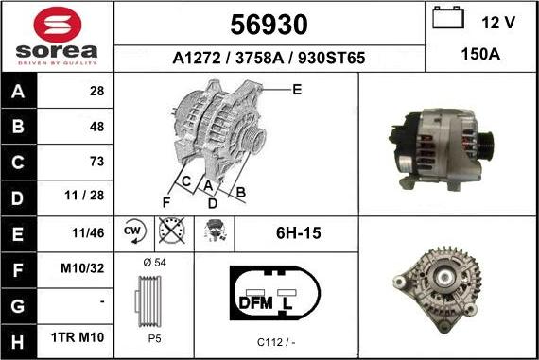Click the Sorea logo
pos(57,36)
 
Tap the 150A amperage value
pos(481,56)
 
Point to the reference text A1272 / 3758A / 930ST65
pos(269,58)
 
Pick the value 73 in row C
pos(96,161)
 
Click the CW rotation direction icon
pos(132,231)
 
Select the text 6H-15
pos(296,231)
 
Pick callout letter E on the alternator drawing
pos(296,90)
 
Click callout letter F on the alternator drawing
pos(165,202)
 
